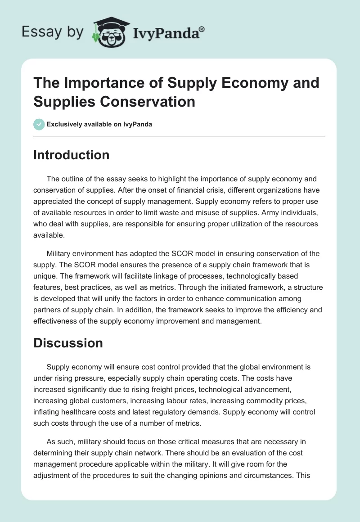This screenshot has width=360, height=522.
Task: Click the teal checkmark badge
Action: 39,124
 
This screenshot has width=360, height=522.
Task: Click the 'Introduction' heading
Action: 71,155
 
